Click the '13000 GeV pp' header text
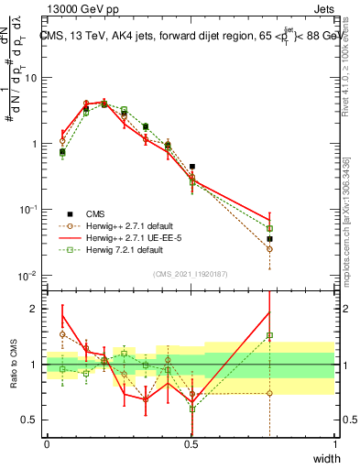point(77,8)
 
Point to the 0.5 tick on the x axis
point(191,444)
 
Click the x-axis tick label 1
point(336,444)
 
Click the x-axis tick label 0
point(47,444)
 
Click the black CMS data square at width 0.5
point(192,167)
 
